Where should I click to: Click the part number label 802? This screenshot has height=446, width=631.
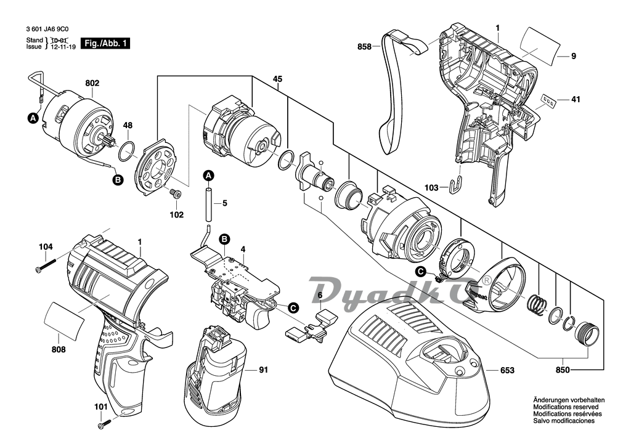[x=92, y=83]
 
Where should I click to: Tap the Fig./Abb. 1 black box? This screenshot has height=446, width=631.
[x=106, y=44]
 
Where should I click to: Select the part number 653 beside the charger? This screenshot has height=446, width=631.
[x=507, y=370]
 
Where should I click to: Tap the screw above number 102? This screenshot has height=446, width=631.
[x=176, y=195]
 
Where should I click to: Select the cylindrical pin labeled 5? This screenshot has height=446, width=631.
[x=208, y=203]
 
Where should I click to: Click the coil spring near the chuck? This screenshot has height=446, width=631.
[x=537, y=303]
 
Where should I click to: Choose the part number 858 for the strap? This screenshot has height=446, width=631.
[x=365, y=47]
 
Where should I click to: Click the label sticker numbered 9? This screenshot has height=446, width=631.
[x=540, y=44]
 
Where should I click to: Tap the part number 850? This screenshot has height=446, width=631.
[x=562, y=370]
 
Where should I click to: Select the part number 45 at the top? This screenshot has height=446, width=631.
[x=277, y=79]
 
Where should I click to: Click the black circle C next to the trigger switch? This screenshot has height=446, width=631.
[x=294, y=308]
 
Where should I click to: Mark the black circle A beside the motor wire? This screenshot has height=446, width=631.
[x=33, y=118]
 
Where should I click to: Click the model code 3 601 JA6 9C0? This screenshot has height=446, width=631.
[x=47, y=30]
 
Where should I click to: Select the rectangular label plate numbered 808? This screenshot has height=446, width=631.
[x=64, y=317]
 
